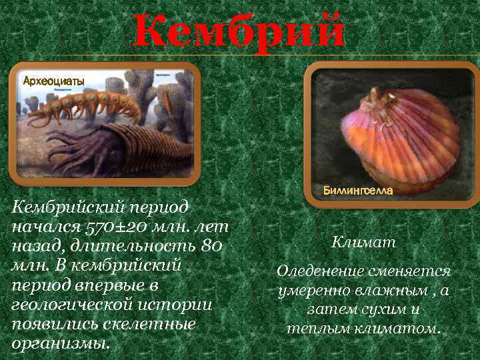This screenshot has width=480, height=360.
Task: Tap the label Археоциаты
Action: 54,81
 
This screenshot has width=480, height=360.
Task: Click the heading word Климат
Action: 363,243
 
